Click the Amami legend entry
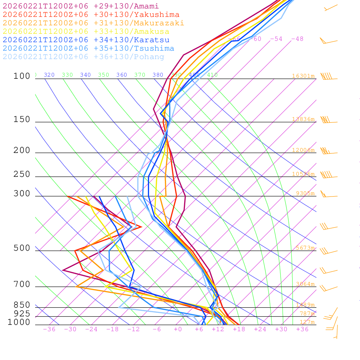[x=81, y=6]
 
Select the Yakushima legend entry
[x=91, y=15]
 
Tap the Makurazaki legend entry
[x=93, y=23]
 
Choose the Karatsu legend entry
[x=86, y=40]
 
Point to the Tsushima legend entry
[x=88, y=49]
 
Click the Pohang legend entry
[x=83, y=57]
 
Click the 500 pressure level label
[x=22, y=248]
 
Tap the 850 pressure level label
[x=22, y=305]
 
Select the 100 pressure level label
[x=22, y=76]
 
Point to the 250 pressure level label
[x=22, y=174]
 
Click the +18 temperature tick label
[x=239, y=329]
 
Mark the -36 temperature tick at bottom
[x=49, y=329]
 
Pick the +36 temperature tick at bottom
[x=302, y=329]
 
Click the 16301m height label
[x=303, y=76]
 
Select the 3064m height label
[x=305, y=284]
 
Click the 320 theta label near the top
[x=49, y=75]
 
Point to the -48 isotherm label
[x=297, y=39]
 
